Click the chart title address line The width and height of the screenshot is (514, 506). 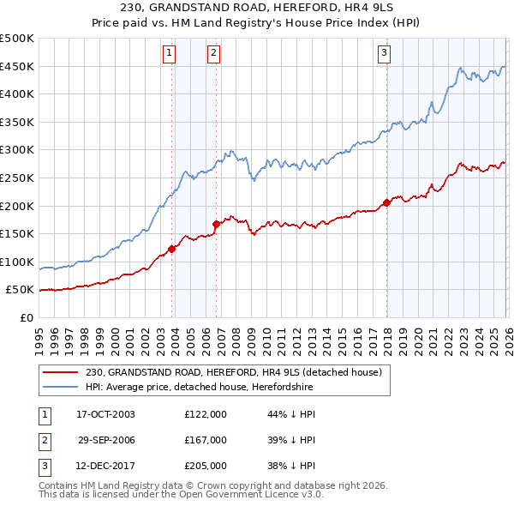coord(256,8)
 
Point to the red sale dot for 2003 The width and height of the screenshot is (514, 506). coord(172,249)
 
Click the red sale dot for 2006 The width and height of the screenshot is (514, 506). coord(216,224)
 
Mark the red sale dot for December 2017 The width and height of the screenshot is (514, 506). coord(386,203)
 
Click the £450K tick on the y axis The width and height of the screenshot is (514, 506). coord(18,67)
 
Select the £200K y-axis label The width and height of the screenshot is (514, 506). coord(18,206)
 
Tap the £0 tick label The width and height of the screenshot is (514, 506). coord(26,317)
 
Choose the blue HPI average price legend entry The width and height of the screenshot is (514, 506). coord(199,388)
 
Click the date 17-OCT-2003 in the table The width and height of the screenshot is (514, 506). coord(105,414)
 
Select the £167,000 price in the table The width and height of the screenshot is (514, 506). coord(206,440)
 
